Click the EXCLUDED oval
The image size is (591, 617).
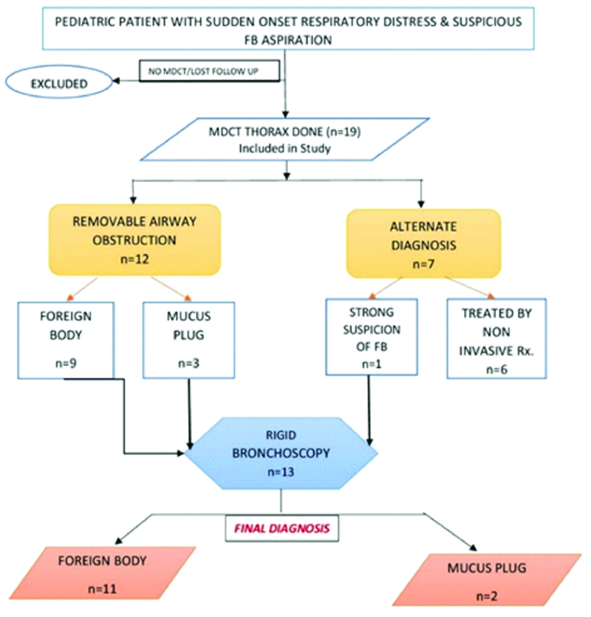[x=58, y=84]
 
